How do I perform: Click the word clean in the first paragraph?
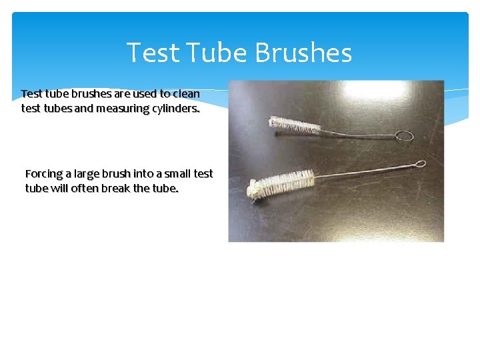(186, 94)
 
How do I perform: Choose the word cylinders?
(172, 109)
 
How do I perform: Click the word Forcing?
(43, 174)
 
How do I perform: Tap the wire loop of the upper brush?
(404, 136)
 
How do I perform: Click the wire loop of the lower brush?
(420, 163)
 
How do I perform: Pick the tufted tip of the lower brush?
(254, 191)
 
